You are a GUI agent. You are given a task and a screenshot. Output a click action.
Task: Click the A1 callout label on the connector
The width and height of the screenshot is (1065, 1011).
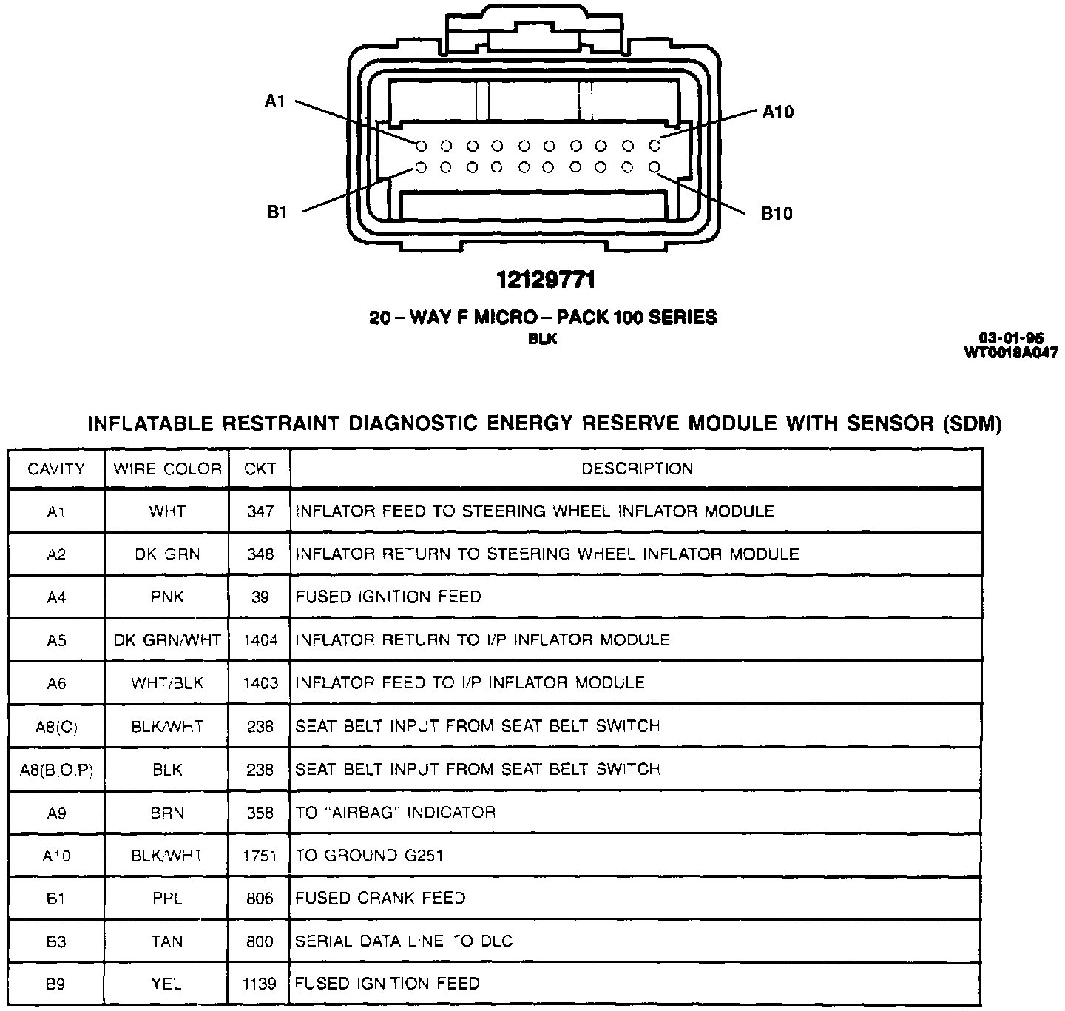point(275,102)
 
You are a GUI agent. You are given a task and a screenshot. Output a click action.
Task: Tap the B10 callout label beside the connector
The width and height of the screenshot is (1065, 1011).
point(777,214)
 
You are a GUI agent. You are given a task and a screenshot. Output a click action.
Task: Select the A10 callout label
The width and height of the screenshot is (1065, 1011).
point(778,112)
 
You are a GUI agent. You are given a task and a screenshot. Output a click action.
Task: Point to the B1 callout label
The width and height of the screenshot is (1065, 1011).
point(276,212)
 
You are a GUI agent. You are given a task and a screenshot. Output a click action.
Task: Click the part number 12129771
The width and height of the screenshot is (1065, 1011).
point(545,281)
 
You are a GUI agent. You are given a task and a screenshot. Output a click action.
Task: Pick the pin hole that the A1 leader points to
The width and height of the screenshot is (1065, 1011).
point(421,145)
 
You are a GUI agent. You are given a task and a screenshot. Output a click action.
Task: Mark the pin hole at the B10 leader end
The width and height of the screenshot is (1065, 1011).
point(655,168)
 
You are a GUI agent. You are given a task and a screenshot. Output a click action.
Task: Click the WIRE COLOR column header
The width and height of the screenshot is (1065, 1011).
point(167,469)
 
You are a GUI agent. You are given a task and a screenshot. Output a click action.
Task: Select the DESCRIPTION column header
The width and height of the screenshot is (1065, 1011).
point(637,469)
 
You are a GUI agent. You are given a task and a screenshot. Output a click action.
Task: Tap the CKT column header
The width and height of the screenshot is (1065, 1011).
point(260,469)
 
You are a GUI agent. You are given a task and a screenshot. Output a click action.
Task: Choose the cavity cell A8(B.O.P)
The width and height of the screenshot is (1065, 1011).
point(57,770)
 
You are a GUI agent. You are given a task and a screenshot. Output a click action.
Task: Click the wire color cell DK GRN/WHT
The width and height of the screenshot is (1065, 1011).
point(167,640)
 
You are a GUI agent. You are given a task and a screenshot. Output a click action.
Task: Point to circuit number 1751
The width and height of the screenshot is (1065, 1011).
point(260,856)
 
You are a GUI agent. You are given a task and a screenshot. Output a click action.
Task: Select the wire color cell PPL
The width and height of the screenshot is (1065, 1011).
point(167,899)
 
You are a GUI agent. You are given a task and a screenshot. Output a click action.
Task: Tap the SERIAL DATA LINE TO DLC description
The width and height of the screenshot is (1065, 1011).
point(404,941)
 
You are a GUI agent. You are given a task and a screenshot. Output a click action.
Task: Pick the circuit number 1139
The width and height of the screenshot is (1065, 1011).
point(260,984)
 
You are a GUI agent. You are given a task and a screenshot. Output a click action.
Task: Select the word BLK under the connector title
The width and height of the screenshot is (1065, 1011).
point(543,340)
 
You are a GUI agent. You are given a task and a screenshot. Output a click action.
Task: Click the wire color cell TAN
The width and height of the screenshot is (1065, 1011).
point(167,941)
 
